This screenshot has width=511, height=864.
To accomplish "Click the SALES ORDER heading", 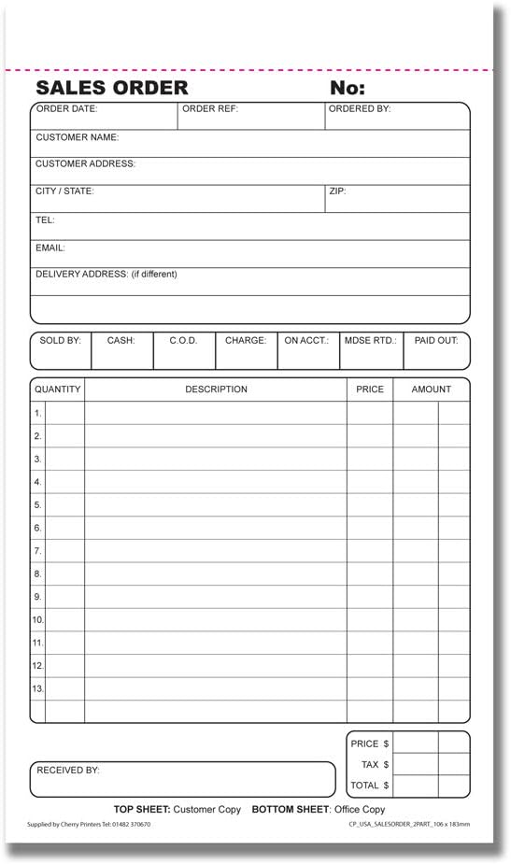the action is point(111,88).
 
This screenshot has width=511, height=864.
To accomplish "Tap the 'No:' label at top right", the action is point(348,88).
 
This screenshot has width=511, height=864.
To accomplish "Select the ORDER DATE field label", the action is point(66,109).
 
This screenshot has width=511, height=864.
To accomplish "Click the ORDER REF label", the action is point(209,109).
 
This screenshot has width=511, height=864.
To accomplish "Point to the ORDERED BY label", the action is point(359,109).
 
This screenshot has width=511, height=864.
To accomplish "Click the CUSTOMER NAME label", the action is point(77,137).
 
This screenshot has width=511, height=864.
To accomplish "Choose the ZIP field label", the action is point(336,191).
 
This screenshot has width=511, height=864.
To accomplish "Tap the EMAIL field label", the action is point(50,248).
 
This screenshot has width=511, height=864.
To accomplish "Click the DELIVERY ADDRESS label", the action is point(106,275).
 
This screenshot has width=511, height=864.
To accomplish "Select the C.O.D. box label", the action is point(183,341).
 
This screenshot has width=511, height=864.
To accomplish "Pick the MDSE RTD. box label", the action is point(370,341).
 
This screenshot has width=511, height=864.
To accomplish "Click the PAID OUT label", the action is point(436,341).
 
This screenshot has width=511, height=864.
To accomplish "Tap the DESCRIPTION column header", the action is point(216,390).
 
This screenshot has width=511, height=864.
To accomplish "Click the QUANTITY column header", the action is point(57,390).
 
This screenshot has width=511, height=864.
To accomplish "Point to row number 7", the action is point(37,551).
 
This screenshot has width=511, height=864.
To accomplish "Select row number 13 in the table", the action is point(37,688).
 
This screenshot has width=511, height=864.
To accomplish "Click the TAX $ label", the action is point(375,765).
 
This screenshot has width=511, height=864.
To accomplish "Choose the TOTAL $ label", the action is point(369,786).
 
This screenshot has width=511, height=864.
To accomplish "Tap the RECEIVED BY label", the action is point(67,771).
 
